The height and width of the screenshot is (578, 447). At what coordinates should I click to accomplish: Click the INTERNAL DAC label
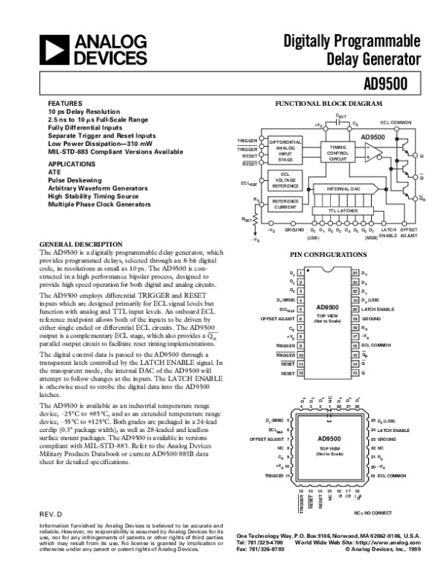click(x=343, y=190)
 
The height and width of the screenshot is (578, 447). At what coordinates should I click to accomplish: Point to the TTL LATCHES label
click(x=343, y=211)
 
